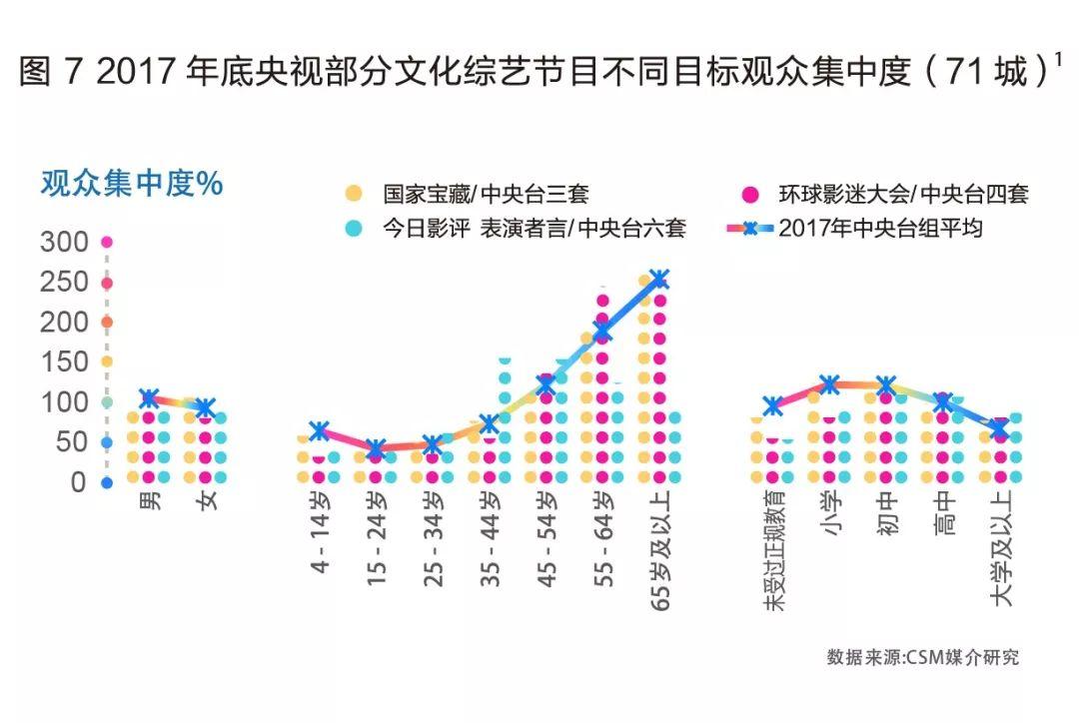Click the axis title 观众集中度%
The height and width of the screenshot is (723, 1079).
click(131, 186)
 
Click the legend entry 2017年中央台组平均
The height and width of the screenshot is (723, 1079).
click(880, 228)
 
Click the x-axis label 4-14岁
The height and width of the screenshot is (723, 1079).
click(320, 533)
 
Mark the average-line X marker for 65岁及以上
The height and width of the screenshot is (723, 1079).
click(658, 279)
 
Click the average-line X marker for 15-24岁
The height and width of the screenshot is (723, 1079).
click(375, 449)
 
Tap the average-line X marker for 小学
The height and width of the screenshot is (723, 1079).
click(829, 384)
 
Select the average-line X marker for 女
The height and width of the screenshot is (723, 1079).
click(205, 407)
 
